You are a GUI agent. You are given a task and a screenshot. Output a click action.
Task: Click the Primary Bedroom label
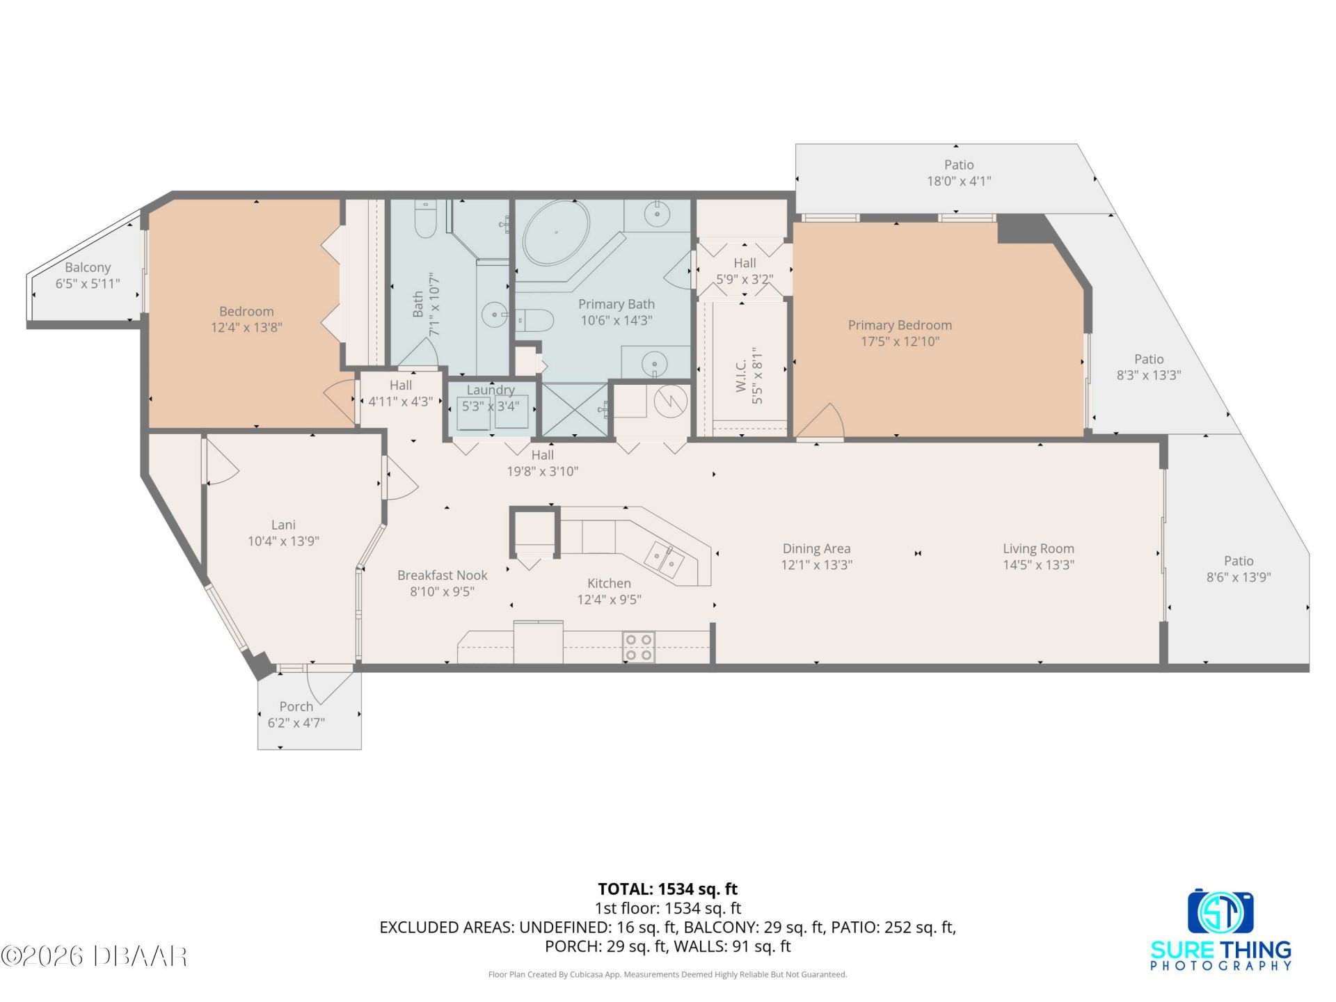pos(899,325)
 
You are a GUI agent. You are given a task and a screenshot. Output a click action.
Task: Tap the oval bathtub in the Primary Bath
pos(556,232)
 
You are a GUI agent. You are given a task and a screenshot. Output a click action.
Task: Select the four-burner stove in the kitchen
pos(638,647)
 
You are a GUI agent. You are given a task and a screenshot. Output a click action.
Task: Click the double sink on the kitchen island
pos(663,559)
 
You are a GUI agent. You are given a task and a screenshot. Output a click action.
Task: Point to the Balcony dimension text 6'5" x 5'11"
pos(88,284)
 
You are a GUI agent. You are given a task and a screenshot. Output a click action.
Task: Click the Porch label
pos(296,706)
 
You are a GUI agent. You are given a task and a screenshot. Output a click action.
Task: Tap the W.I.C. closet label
pos(740,375)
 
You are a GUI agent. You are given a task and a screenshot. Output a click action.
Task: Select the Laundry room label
pos(491,390)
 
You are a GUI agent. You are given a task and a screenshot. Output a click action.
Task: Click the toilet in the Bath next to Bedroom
pos(424,218)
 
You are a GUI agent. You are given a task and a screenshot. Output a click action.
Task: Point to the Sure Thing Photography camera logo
pos(1220,912)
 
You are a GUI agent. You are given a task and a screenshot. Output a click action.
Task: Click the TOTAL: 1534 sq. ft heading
pos(667,889)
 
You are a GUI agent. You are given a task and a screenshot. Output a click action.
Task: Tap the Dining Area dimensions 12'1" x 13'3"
pos(816,565)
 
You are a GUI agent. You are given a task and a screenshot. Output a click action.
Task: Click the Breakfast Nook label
pos(442,575)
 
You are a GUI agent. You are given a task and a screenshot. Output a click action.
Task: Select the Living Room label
pos(1037,549)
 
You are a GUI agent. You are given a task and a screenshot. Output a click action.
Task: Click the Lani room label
pos(283,525)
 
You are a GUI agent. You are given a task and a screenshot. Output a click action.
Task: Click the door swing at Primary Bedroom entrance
pos(825,422)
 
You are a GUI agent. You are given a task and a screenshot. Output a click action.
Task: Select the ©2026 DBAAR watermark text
pos(94,956)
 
